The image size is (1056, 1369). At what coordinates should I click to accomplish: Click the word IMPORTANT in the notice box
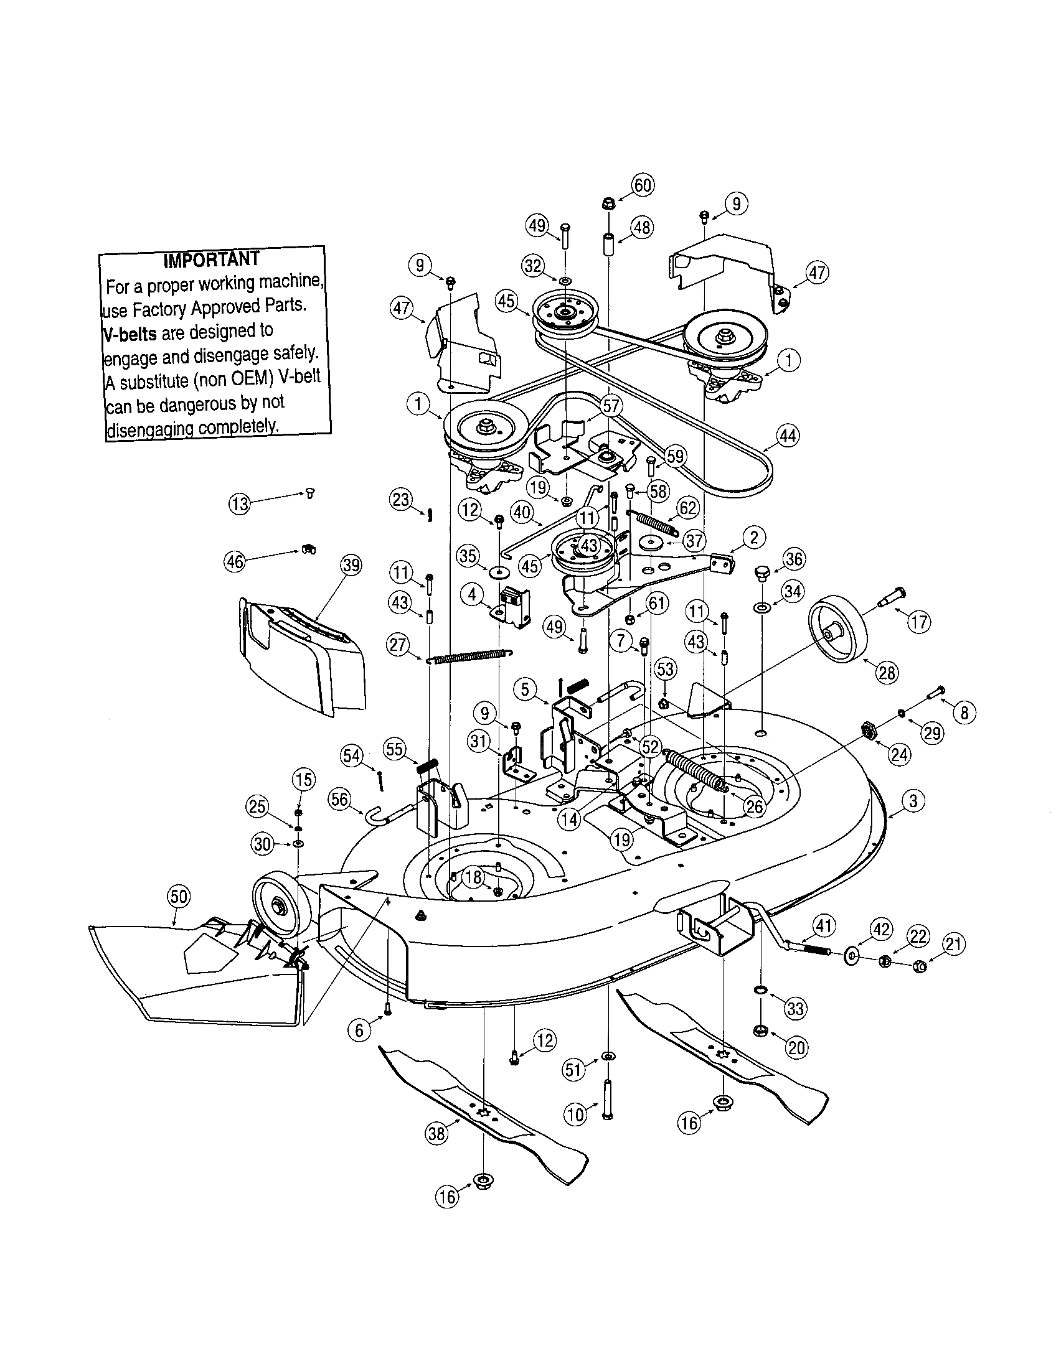(210, 259)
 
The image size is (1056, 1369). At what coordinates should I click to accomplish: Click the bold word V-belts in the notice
(130, 334)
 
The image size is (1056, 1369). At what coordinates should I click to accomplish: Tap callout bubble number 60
(643, 185)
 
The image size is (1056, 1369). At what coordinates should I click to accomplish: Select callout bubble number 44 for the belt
(788, 435)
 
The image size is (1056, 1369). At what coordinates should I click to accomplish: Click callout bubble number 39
(351, 566)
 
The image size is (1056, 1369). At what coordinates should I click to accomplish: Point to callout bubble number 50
(179, 897)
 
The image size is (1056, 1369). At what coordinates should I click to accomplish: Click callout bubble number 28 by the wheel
(887, 673)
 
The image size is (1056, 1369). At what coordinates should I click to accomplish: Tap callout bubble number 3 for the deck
(912, 801)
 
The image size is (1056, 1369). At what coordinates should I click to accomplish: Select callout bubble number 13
(240, 503)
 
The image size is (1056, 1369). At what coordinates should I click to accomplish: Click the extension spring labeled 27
(469, 656)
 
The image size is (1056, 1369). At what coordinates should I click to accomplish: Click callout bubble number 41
(824, 925)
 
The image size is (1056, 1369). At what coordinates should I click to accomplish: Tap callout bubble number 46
(235, 563)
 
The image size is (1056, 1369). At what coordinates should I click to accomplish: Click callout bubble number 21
(954, 945)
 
